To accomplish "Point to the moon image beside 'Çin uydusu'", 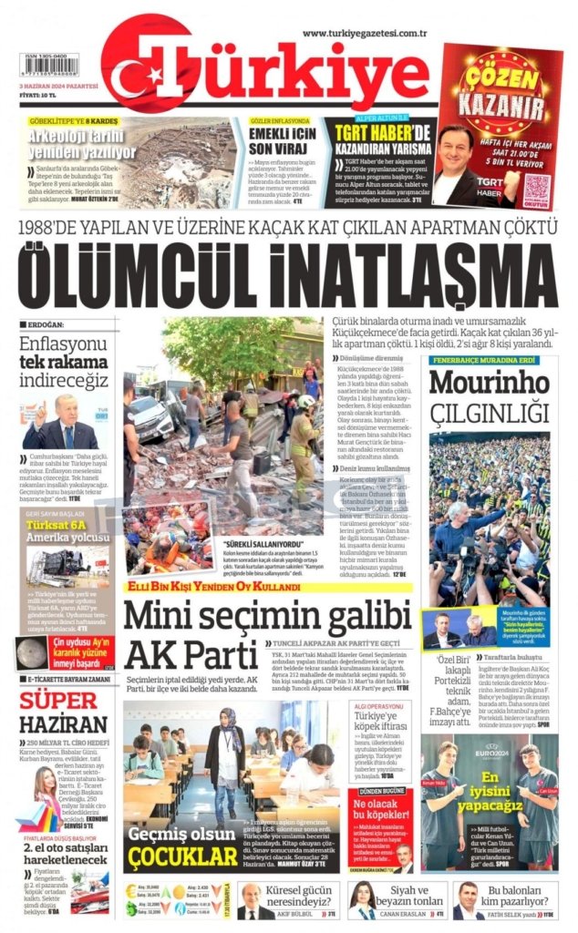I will [x=35, y=653].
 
